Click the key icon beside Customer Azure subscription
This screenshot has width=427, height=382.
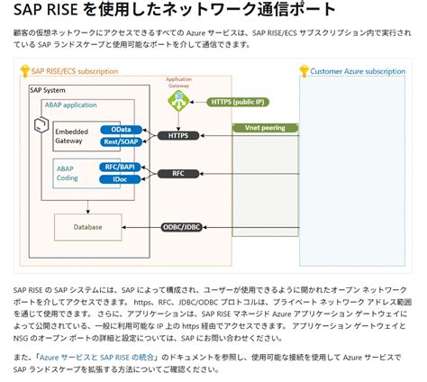coord(304,69)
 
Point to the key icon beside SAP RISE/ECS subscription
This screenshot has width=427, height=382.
coord(24,69)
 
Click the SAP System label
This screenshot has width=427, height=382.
coord(49,91)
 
